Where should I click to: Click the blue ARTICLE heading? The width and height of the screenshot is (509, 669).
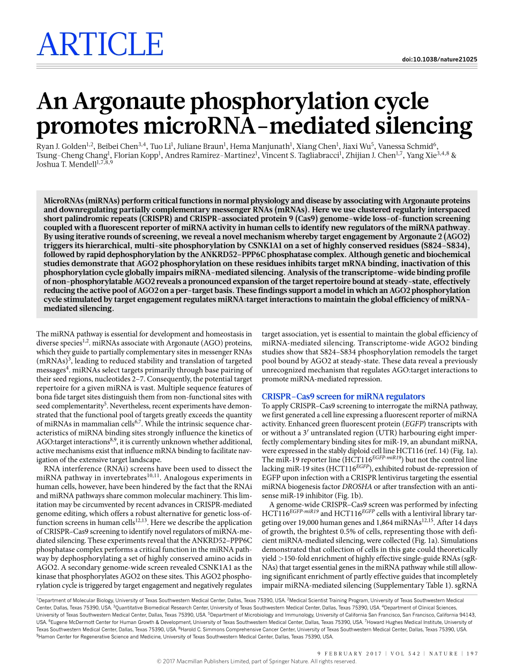coord(100,44)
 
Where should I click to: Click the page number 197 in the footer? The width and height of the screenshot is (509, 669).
coord(472,653)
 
